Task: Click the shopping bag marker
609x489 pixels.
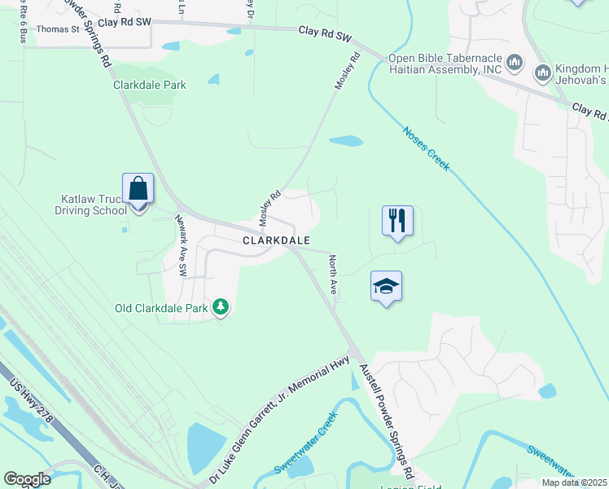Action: point(138,189)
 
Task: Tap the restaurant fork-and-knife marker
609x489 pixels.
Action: point(397,220)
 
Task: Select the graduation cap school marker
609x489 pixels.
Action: point(386,286)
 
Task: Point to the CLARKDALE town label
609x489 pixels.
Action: point(277,240)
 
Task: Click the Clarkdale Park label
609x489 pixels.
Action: point(150,85)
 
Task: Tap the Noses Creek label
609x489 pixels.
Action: point(425,148)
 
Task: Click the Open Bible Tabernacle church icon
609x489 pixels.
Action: point(515,63)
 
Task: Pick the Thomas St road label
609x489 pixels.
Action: point(58,29)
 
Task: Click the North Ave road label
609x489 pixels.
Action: point(332,275)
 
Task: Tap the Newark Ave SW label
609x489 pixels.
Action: point(182,244)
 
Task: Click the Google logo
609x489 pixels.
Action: point(27,479)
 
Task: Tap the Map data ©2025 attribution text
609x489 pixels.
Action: point(573,482)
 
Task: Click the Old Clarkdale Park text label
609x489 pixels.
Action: point(160,308)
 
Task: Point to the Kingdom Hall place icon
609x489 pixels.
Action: point(543,74)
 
